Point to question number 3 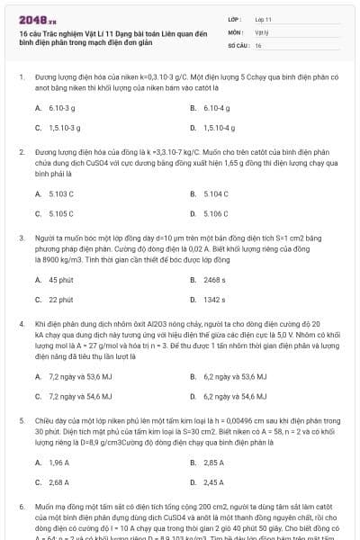coord(21,238)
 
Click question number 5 coord(21,419)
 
